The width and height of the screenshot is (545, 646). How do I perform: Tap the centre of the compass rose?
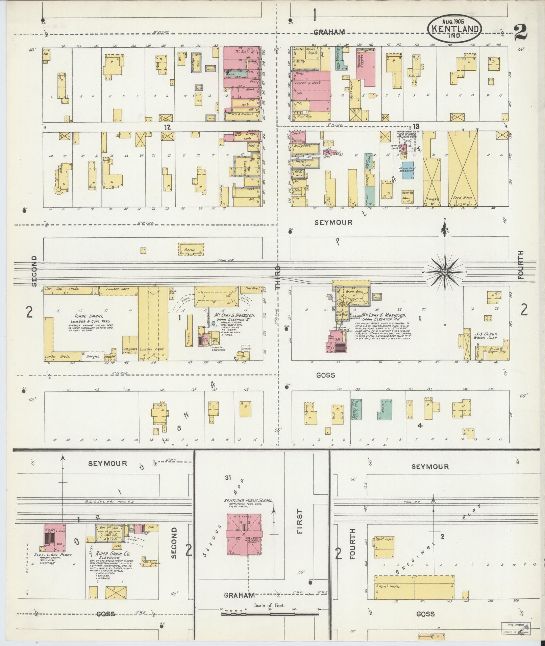[445, 272]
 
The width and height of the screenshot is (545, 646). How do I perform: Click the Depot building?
[191, 249]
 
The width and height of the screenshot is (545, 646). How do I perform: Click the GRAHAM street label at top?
[329, 32]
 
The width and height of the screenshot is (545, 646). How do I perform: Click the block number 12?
[167, 127]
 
